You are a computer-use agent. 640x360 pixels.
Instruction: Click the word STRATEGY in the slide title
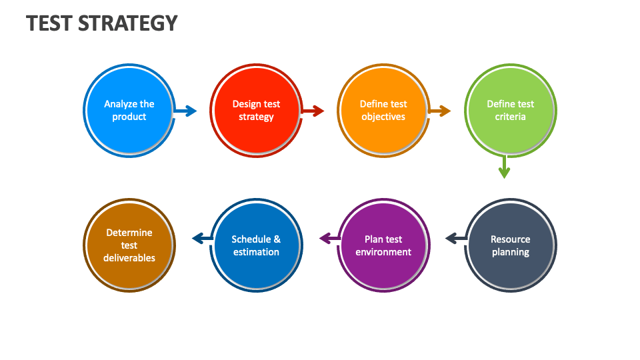click(x=128, y=23)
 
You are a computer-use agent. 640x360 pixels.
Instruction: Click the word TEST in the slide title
click(x=50, y=23)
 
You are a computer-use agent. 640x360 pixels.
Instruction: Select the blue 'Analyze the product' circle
click(x=129, y=111)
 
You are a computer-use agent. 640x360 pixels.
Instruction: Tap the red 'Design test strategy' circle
click(x=256, y=111)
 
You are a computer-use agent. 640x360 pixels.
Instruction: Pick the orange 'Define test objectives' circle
click(x=383, y=111)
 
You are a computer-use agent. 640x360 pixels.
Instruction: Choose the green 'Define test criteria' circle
click(x=510, y=111)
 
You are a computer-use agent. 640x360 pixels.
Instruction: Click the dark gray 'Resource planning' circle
click(x=510, y=245)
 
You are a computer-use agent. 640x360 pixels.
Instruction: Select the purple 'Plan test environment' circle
click(x=383, y=245)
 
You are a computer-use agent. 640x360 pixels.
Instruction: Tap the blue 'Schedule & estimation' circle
click(x=256, y=245)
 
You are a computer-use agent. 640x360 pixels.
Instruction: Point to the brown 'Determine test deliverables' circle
click(x=129, y=245)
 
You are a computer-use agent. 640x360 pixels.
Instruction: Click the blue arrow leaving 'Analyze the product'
click(x=186, y=111)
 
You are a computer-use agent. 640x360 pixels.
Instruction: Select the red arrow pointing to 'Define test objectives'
click(x=313, y=111)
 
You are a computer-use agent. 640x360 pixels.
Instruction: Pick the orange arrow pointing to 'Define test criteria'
click(x=440, y=111)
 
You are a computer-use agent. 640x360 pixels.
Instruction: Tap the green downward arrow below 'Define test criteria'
click(x=504, y=167)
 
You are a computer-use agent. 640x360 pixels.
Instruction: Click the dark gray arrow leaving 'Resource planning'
click(x=455, y=238)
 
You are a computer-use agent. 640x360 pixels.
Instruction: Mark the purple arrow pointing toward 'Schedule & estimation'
click(x=329, y=238)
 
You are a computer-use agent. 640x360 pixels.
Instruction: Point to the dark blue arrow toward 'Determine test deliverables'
click(x=202, y=238)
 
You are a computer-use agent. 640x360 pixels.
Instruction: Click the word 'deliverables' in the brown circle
click(x=129, y=258)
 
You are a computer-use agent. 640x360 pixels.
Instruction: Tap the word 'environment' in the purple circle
click(x=383, y=252)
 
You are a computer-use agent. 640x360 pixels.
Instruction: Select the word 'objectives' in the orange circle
click(x=383, y=117)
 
